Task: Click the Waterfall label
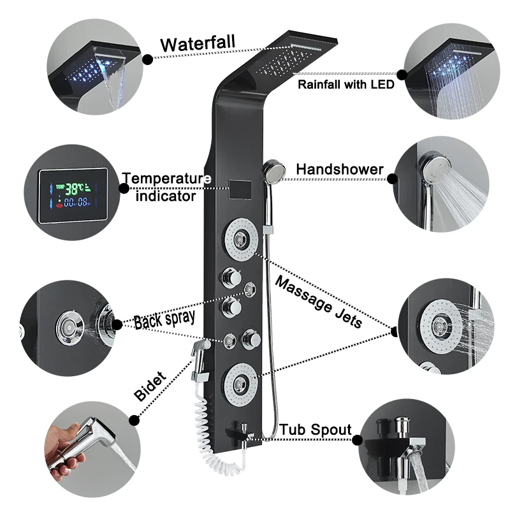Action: click(x=198, y=45)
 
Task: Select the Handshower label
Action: click(x=340, y=170)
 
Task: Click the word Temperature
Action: click(x=166, y=178)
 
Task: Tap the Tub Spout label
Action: click(x=316, y=430)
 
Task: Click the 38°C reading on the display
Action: click(x=75, y=188)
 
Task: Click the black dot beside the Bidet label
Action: click(x=133, y=419)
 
